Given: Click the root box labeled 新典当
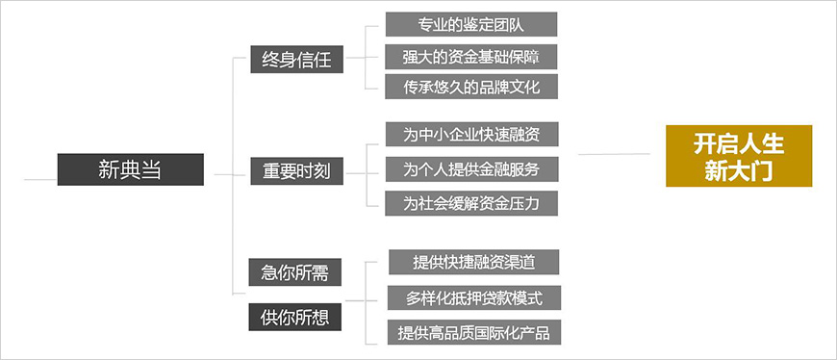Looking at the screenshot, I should click(x=130, y=169).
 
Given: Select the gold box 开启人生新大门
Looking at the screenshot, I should click(x=739, y=156).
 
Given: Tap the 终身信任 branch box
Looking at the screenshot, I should click(x=296, y=60).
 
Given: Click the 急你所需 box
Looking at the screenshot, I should click(x=294, y=272).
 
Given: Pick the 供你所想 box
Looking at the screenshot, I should click(x=294, y=316).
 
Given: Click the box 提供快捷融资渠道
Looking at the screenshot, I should click(x=473, y=262).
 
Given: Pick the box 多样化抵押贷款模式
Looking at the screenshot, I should click(x=473, y=296).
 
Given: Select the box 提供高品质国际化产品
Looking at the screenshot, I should click(x=473, y=332).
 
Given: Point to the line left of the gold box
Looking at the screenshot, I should click(x=616, y=154).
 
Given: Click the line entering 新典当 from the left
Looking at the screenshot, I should click(x=38, y=179).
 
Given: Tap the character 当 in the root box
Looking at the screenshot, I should click(x=151, y=169).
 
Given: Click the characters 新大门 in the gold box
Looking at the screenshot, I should click(x=739, y=170).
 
